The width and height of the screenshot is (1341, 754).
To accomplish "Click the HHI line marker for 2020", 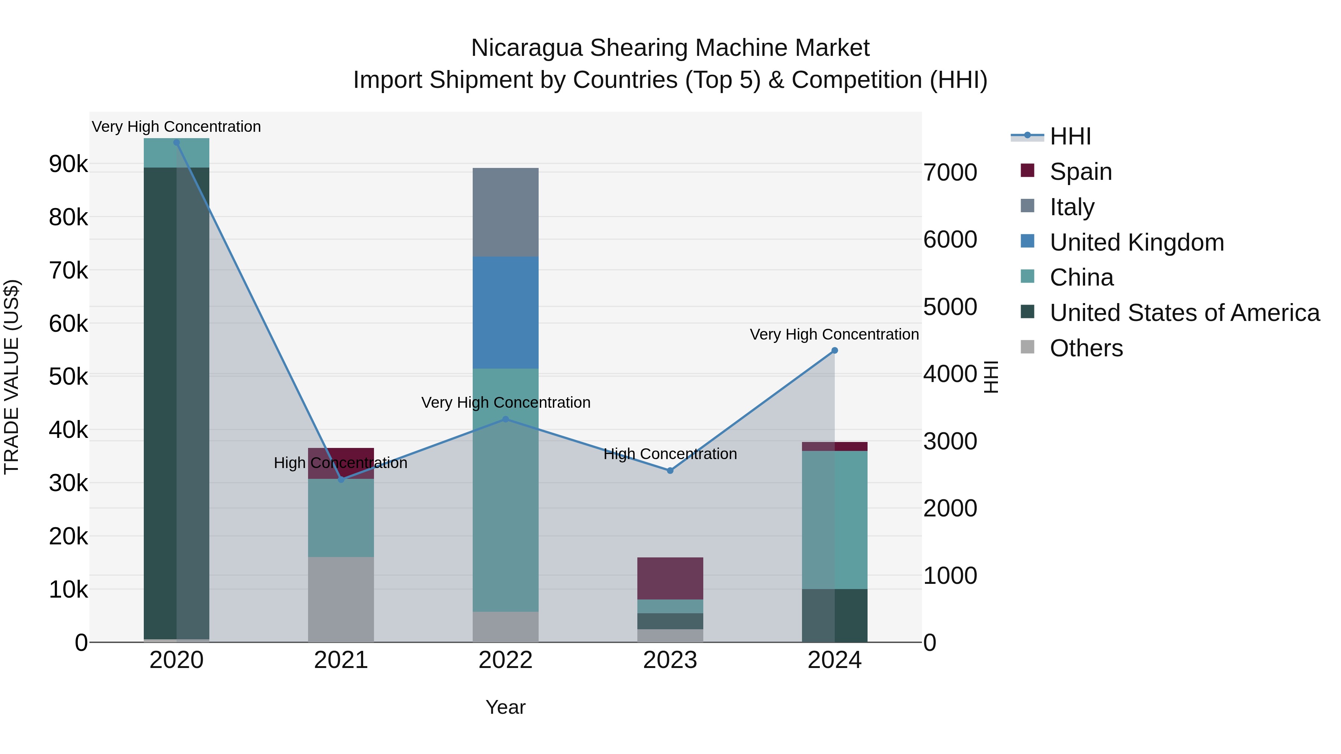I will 177,143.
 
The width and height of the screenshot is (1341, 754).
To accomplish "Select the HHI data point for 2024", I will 834,351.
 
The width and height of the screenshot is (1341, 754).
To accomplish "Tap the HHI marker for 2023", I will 670,470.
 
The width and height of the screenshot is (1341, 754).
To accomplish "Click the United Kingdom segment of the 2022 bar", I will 505,312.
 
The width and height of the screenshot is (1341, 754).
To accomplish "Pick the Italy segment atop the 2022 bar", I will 505,212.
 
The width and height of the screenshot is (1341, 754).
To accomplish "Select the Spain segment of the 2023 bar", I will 670,578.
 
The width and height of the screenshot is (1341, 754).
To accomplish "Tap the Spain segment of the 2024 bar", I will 834,446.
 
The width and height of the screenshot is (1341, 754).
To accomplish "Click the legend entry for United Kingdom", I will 1136,242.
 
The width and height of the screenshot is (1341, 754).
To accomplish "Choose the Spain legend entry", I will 1081,172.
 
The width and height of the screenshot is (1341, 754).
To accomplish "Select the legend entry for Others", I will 1086,348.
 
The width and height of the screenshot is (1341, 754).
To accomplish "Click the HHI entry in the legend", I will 1070,136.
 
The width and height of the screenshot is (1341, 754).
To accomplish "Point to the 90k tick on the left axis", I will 69,164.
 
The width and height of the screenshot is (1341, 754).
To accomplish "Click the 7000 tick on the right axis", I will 950,172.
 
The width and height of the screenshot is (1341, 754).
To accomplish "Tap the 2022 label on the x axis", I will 505,660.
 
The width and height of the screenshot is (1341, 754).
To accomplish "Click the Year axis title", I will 505,707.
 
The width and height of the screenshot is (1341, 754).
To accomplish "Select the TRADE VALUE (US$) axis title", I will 12,377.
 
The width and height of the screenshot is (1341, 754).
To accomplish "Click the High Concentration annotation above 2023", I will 670,454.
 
